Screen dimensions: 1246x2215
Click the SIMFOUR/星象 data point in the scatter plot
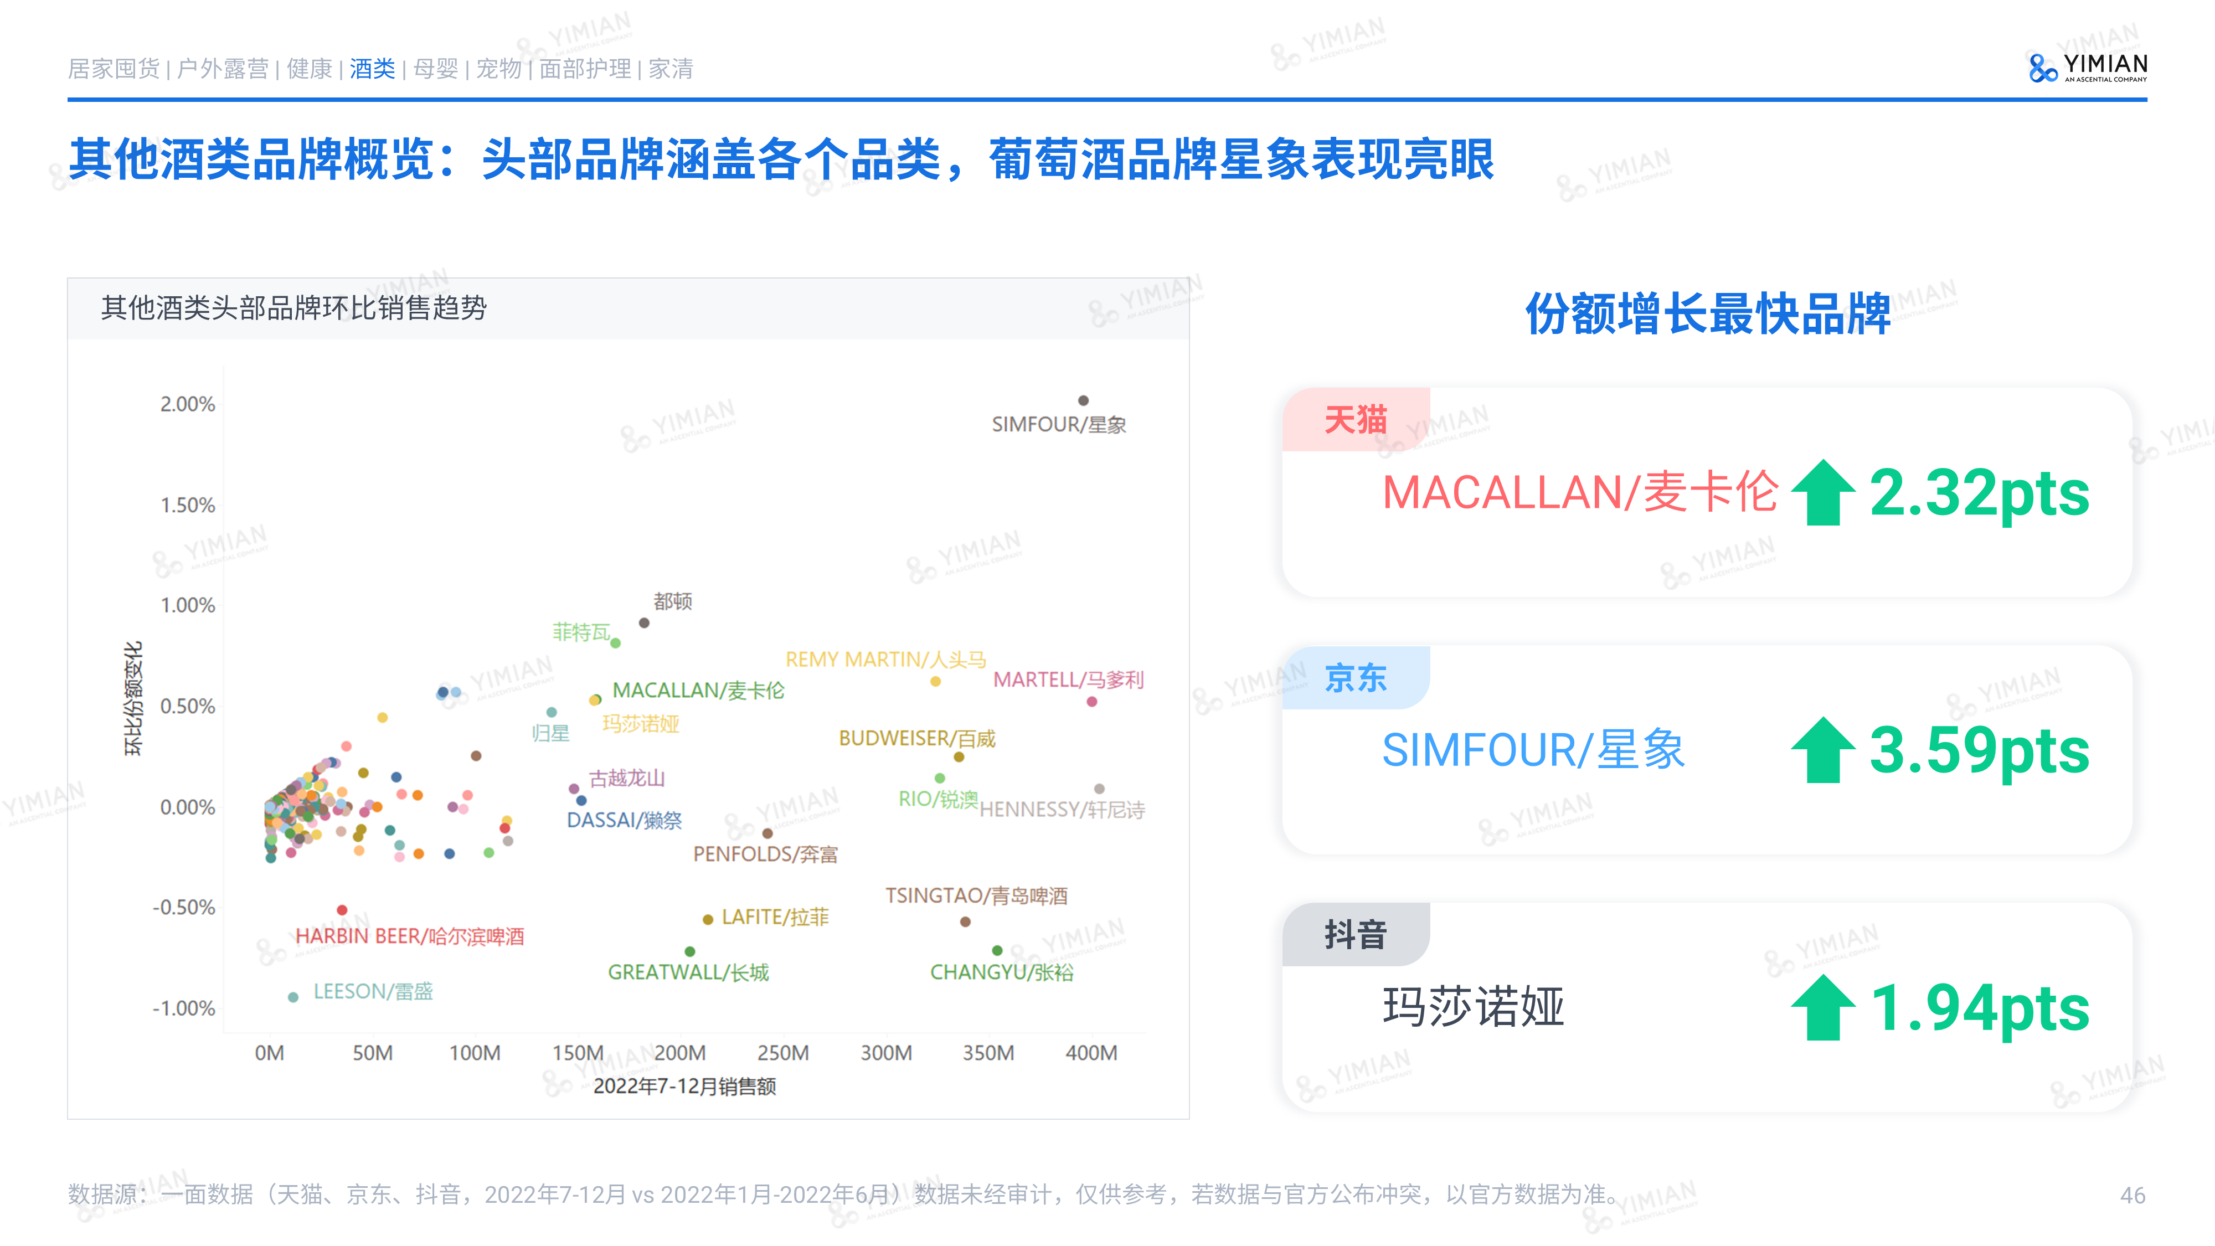click(1084, 401)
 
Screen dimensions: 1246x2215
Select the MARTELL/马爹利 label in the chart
click(1068, 680)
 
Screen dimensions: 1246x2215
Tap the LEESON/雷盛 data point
click(293, 997)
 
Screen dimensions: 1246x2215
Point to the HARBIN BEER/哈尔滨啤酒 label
click(409, 936)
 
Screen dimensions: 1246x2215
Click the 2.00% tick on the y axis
click(188, 404)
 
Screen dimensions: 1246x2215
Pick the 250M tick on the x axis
click(782, 1053)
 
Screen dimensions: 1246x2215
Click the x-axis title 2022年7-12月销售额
click(684, 1087)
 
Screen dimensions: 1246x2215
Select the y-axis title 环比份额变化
click(133, 698)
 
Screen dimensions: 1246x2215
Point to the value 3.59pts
click(1979, 751)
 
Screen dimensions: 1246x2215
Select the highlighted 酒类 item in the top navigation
click(372, 69)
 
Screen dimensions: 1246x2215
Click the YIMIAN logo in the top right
click(2088, 67)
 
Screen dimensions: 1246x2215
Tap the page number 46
click(2132, 1195)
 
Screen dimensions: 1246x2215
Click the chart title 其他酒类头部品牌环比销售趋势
click(294, 308)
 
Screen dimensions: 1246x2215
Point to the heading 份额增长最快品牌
click(1708, 314)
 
